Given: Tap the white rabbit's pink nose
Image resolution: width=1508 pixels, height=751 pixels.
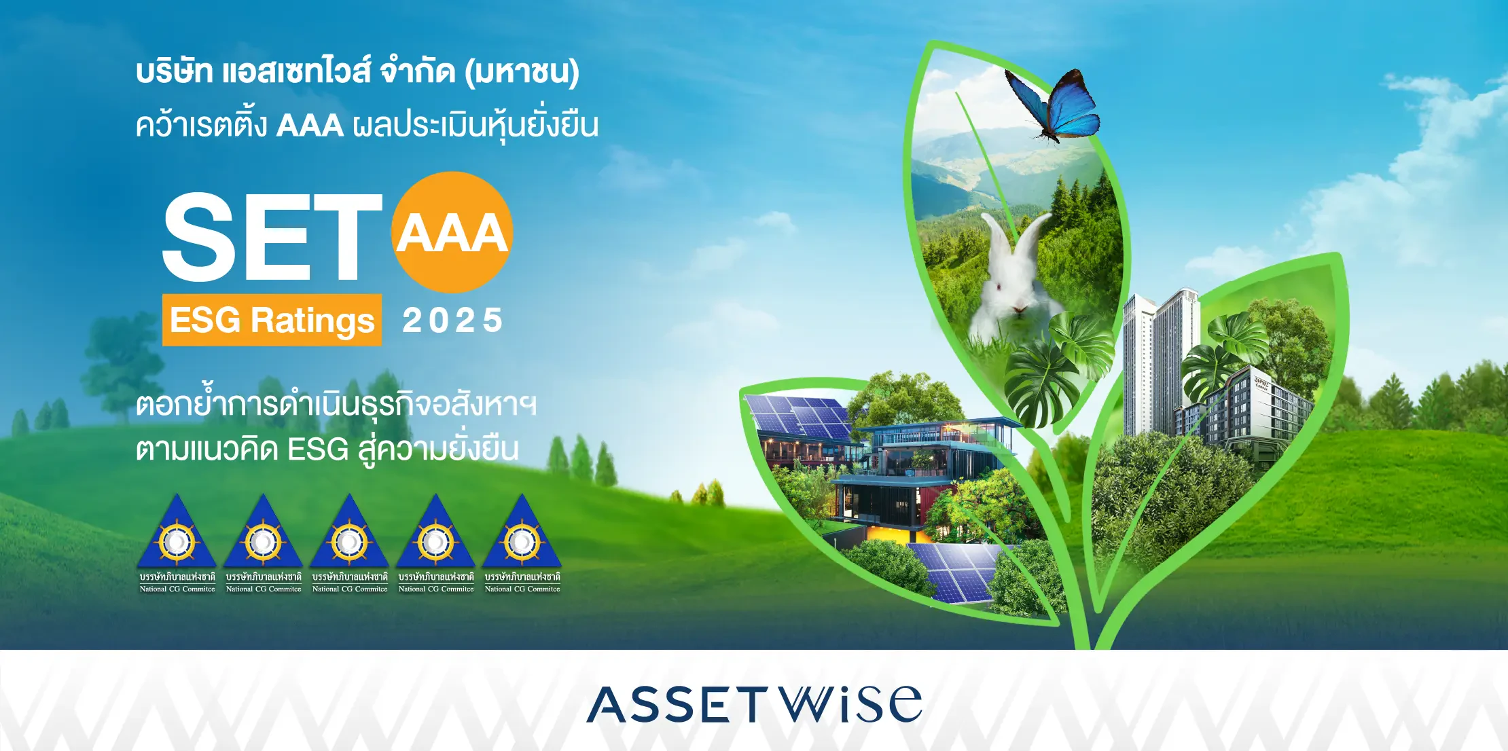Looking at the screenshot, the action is coord(1019,309).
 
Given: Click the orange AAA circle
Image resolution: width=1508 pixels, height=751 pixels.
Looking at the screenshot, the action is coord(452,232).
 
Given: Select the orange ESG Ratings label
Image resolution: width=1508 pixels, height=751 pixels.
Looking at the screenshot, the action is coord(272,320).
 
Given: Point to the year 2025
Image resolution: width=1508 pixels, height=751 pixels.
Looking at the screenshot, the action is coord(452,320).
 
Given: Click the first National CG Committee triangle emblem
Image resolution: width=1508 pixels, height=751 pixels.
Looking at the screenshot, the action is coord(177,532).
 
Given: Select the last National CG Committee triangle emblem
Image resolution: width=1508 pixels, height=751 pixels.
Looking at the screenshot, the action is coord(522,532).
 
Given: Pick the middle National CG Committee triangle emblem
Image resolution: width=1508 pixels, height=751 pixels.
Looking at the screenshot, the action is coord(350,532).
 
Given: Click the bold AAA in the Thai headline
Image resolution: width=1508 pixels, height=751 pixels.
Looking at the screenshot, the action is coord(310,126).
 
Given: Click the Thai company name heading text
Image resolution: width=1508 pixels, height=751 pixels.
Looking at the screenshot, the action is coord(357,72).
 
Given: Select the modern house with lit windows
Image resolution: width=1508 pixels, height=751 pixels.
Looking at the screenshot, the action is coord(917,475).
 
